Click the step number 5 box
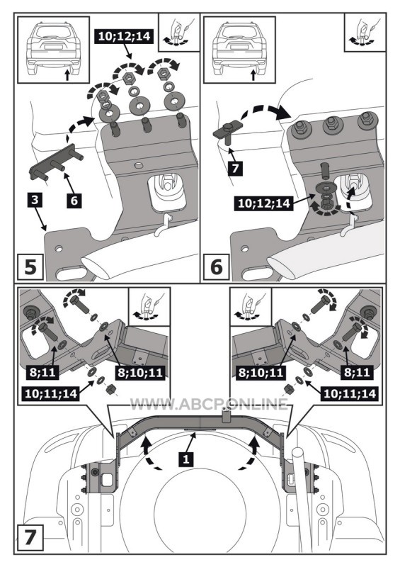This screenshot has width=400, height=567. pos(30,267)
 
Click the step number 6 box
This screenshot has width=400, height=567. pos(216,267)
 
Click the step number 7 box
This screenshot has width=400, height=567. pos(30,537)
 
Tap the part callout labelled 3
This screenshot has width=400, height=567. pos(35,200)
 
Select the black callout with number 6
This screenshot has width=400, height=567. pos(74,200)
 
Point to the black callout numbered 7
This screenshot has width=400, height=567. pos(235,169)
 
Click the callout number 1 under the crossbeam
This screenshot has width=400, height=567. pos(186,459)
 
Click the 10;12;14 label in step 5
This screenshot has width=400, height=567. pos(124,36)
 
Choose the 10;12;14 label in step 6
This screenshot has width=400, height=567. pos(264,203)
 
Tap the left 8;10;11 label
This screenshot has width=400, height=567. pos(141,373)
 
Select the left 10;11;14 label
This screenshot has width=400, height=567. pos(51,393)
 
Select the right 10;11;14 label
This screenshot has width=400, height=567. pos(350,393)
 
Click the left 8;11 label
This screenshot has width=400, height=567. pos(44,373)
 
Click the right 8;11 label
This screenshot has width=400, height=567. pos(358,373)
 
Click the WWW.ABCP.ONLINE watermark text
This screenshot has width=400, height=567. pos(209,403)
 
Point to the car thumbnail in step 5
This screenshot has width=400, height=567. pos(54,50)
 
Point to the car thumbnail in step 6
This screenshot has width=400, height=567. pos(239,50)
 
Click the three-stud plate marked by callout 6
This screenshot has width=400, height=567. pos(56,164)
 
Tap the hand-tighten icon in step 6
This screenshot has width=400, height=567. pos(365,32)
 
